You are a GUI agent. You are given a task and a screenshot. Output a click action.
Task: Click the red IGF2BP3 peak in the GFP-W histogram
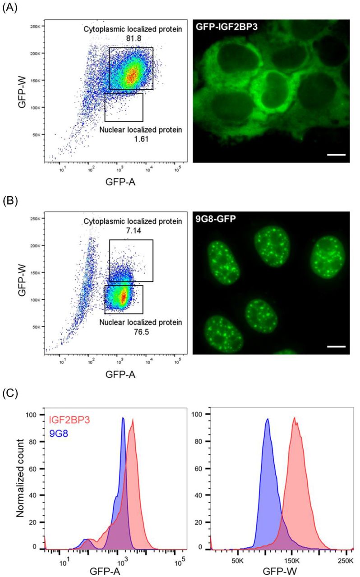pyautogui.click(x=294, y=417)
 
